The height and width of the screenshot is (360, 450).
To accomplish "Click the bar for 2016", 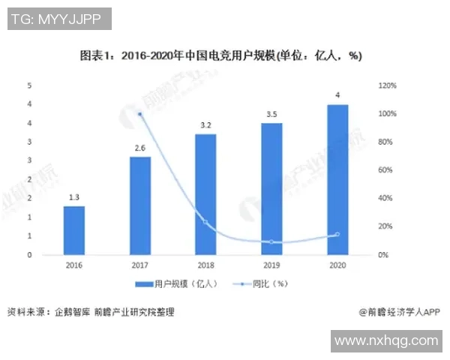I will pos(73,230).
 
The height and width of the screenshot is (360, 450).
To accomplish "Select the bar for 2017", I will pos(139,205).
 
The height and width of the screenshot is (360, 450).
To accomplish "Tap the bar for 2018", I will pos(205,194).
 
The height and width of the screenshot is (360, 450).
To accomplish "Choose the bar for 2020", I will pos(337,179).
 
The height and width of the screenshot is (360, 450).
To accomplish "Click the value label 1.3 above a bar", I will pos(73,197).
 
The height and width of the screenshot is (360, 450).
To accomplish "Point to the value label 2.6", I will pos(139,148).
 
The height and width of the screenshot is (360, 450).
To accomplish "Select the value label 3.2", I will pos(205,125).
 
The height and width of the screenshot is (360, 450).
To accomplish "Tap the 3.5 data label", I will pos(271,114).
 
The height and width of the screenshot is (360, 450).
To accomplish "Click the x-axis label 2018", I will pos(205,265).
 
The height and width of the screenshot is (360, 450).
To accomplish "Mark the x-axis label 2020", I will pos(337,265).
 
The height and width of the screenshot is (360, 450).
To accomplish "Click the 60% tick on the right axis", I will pos(385,170).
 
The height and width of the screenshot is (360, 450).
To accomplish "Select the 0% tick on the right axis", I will pos(383,255).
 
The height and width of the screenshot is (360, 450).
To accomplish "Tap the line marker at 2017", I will pos(139,114).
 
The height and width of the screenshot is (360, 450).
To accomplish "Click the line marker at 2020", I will pos(337,234).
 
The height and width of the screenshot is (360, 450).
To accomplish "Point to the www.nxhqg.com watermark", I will pos(386,340).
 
